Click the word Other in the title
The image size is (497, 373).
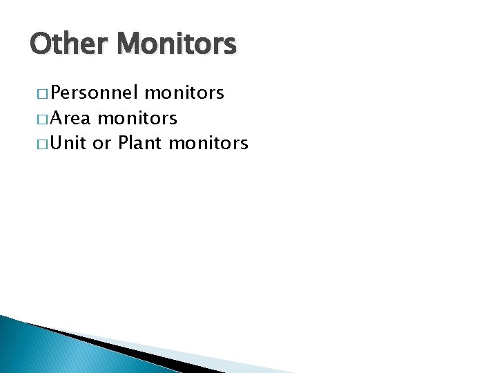(x=69, y=45)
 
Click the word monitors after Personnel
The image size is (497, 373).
(x=185, y=93)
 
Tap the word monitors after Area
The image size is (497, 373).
(x=138, y=118)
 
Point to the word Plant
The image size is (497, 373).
(x=140, y=143)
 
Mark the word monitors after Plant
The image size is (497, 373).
(x=208, y=143)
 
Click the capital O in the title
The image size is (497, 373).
(x=41, y=45)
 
